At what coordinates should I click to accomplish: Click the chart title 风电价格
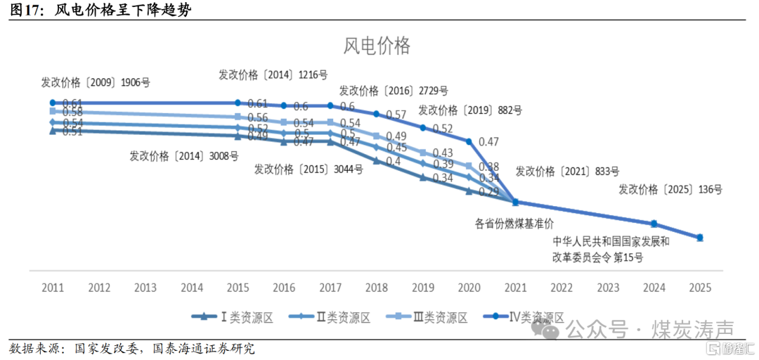(377, 46)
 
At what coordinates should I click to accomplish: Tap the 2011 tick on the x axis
(53, 288)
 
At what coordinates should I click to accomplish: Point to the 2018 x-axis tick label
(377, 288)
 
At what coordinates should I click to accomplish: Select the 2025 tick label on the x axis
(701, 288)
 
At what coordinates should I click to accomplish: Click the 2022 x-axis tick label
(562, 288)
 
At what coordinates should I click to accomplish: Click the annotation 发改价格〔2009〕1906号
(96, 82)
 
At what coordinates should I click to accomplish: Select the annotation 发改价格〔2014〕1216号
(273, 75)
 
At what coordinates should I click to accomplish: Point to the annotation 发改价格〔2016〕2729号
(394, 91)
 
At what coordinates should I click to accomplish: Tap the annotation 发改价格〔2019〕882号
(470, 110)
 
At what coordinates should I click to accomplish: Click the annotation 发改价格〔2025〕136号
(670, 189)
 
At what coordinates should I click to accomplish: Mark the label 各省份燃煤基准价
(514, 224)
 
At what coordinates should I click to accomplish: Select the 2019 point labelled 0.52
(423, 127)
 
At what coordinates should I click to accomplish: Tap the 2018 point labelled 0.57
(377, 114)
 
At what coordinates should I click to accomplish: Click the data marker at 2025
(700, 238)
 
